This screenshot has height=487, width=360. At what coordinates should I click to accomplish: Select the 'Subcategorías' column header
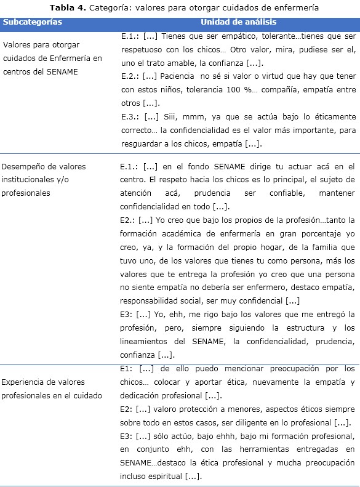(32, 22)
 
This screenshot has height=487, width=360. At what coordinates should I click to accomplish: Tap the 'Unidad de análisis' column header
(236, 22)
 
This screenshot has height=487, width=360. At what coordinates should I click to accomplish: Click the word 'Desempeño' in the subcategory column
(23, 167)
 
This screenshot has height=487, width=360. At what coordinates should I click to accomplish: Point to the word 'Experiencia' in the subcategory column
(24, 382)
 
